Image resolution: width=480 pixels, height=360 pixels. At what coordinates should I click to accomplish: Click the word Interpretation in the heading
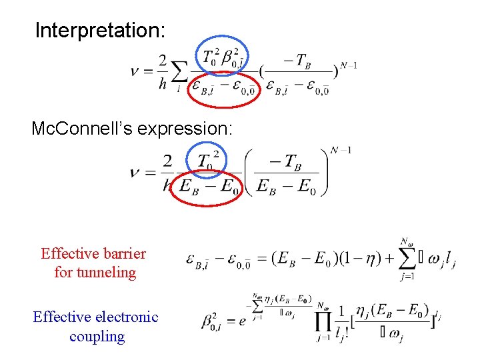100,30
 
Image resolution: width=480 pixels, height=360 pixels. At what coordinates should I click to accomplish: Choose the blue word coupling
97,336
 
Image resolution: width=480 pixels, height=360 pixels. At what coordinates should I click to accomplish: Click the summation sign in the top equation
179,72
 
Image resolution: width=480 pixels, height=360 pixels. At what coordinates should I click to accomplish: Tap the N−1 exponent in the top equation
349,65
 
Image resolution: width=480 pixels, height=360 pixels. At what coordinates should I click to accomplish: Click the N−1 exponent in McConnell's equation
341,150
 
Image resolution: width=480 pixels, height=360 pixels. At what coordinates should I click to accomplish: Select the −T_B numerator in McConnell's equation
287,161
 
